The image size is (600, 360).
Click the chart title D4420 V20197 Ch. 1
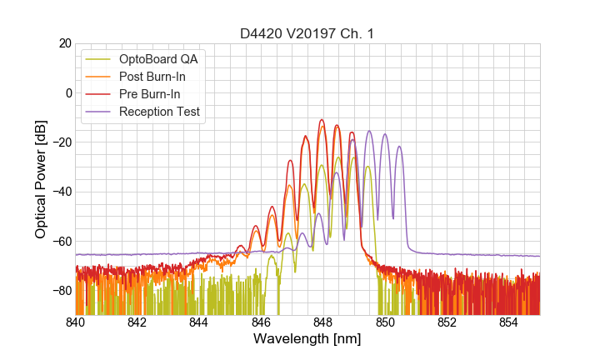point(307,32)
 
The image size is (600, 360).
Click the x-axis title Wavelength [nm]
point(307,339)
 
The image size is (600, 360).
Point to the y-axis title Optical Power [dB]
point(41,179)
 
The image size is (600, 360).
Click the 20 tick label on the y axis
point(64,43)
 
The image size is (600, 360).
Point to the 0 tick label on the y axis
point(67,92)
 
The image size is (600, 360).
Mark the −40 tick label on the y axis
point(61,192)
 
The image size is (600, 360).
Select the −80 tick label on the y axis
point(61,291)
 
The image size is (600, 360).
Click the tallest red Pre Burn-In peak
point(322,121)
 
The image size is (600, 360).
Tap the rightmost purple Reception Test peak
point(399,147)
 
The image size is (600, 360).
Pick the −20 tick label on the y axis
point(61,142)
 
